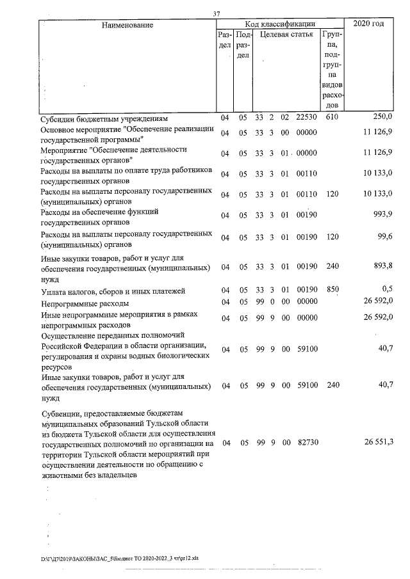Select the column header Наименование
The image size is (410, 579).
(127, 25)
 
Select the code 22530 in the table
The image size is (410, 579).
(307, 118)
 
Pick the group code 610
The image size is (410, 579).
(332, 118)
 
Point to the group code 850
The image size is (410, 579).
(332, 289)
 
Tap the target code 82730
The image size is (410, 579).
(307, 443)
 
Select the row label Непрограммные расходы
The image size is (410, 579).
(85, 303)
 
